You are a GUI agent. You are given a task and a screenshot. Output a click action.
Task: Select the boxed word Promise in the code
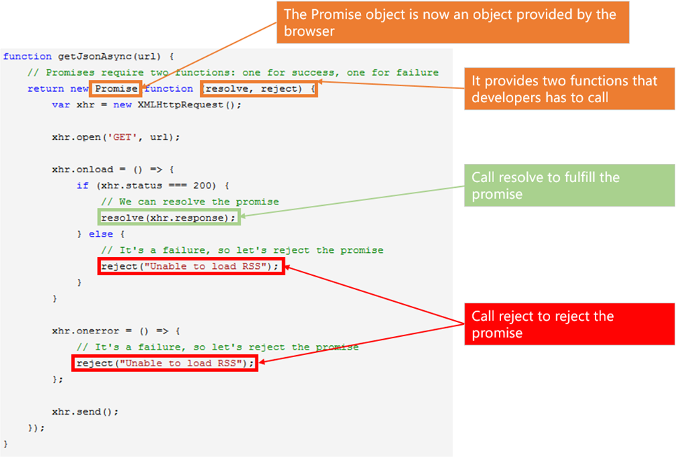(117, 89)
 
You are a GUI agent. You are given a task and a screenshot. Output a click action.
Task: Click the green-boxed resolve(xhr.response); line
(169, 218)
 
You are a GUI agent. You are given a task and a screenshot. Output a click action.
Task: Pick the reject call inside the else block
(192, 266)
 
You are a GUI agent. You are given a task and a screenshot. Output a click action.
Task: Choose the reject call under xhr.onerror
(165, 363)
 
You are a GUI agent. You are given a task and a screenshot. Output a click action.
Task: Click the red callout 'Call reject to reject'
(568, 324)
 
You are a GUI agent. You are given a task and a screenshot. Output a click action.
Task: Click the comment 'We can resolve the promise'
(190, 202)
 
